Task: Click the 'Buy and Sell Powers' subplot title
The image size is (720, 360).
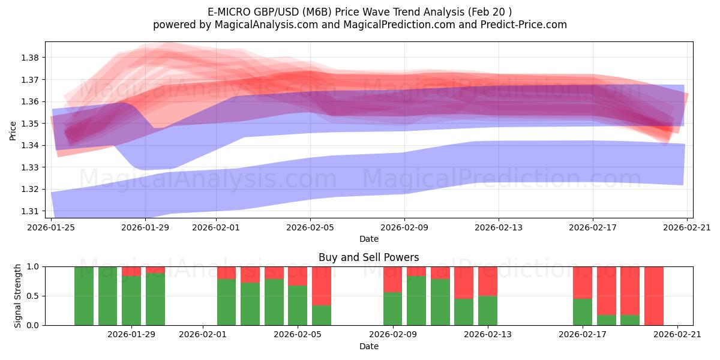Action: point(368,257)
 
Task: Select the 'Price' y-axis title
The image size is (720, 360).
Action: point(13,130)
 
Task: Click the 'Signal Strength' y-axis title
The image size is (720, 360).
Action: point(18,296)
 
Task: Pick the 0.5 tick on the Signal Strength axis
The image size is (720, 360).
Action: point(33,296)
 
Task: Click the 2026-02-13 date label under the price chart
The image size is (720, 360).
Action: point(499,228)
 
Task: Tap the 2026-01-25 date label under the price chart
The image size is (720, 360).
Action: point(52,228)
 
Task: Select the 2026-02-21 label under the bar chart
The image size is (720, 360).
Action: point(677,335)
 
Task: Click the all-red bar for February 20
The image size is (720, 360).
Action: point(653,296)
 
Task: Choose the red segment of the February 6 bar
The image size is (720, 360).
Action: point(322,286)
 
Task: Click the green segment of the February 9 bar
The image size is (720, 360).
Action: point(393,309)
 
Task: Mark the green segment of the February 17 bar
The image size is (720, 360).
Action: point(583,312)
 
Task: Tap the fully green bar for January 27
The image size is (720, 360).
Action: point(107,296)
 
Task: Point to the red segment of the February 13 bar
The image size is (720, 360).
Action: point(488,281)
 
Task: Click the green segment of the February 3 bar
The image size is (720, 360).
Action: point(250,304)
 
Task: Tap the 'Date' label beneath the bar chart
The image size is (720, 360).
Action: point(368,346)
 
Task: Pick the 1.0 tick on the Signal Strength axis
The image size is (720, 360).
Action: point(33,266)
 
